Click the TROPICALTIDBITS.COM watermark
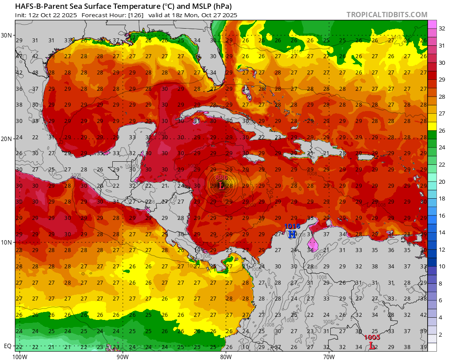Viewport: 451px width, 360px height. tap(387, 15)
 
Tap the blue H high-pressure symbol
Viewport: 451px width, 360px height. tap(292, 234)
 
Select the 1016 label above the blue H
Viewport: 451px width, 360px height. tap(292, 226)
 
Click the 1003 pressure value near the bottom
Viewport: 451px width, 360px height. tap(372, 337)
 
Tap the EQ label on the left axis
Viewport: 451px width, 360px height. tap(7, 346)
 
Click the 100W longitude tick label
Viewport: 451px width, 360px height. tap(19, 356)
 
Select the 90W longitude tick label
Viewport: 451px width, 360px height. tap(122, 356)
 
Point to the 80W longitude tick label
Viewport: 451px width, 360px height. tap(226, 356)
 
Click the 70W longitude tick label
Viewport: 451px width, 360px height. tap(329, 356)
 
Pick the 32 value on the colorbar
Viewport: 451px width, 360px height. tap(442, 29)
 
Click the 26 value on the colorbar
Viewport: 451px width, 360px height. tap(442, 131)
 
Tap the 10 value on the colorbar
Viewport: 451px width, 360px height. tap(442, 266)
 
